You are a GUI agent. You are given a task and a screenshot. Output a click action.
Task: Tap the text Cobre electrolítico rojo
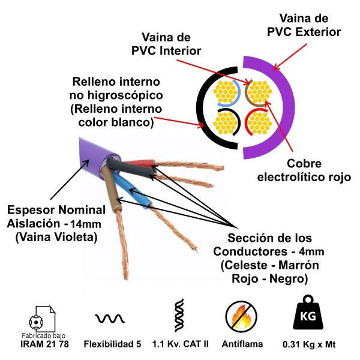[296, 170]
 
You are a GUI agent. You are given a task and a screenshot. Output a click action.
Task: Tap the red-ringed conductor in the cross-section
[259, 122]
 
